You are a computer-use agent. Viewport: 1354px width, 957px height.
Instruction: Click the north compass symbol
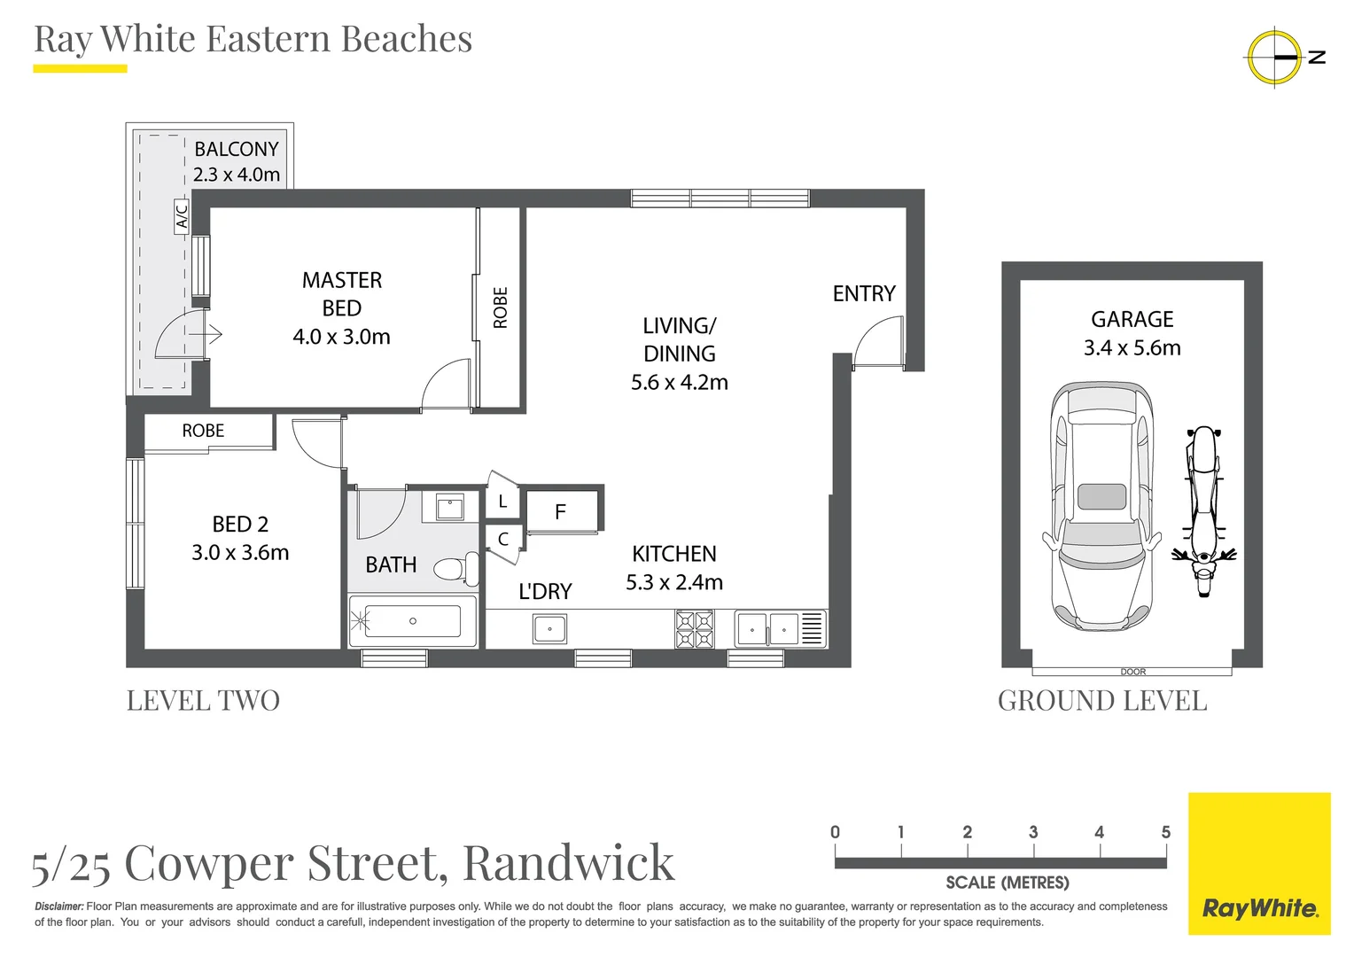(x=1275, y=57)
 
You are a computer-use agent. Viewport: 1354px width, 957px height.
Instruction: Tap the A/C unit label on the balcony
(x=182, y=216)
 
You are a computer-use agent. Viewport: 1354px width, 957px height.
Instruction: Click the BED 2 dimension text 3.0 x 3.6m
(x=240, y=553)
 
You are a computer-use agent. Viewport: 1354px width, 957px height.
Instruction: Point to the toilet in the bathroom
(x=456, y=568)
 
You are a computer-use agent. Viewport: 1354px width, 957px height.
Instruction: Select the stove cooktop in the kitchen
(x=695, y=629)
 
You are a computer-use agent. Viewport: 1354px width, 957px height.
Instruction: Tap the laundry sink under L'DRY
(x=549, y=629)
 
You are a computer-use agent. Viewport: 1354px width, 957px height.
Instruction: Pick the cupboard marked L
(x=502, y=502)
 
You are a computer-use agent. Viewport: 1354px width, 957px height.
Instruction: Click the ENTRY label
(x=864, y=293)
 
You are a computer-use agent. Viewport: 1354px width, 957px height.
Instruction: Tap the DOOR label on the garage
(x=1132, y=672)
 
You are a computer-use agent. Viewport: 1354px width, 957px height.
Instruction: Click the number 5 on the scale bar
(x=1165, y=832)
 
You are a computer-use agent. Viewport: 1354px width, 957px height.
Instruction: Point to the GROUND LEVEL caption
(x=1102, y=701)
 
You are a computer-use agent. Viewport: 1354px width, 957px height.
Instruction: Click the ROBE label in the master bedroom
(x=501, y=307)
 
